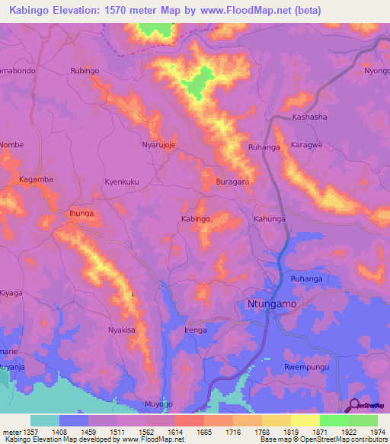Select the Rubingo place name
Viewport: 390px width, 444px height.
[85, 71]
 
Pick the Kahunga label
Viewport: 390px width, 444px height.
[269, 219]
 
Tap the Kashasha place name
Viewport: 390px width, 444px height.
[309, 117]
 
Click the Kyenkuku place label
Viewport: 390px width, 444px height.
[121, 182]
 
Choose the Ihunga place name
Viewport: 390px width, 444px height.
[81, 214]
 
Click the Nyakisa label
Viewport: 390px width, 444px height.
[121, 330]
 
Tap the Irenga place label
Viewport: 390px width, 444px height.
[196, 330]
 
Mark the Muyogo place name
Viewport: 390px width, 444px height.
[159, 403]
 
